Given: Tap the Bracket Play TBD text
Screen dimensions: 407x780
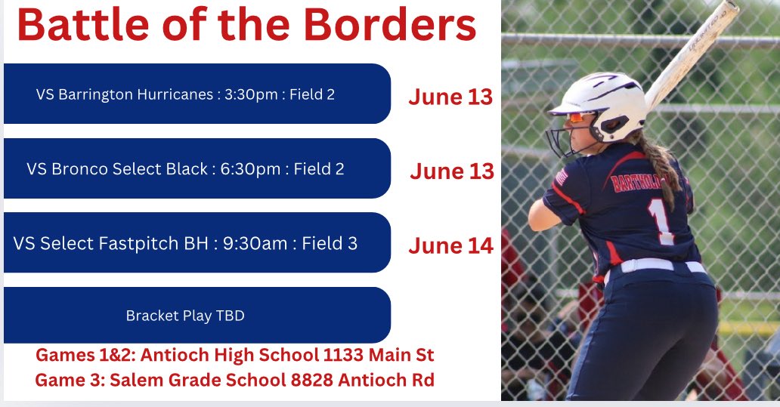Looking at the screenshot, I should [185, 316].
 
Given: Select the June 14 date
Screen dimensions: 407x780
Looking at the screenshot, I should [450, 245].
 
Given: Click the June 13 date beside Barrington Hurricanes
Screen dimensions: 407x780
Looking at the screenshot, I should [450, 97].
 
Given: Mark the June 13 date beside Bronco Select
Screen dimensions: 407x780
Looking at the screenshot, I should [452, 171].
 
